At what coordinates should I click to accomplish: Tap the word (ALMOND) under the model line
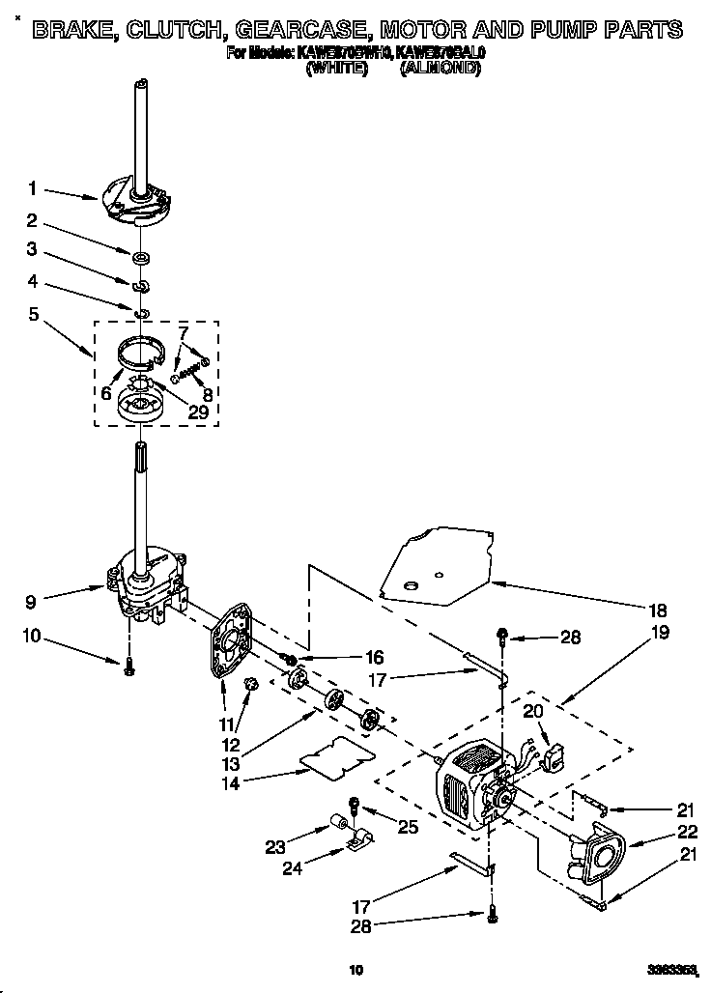click(440, 69)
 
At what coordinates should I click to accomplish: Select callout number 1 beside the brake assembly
click(33, 188)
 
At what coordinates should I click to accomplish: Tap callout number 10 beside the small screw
click(33, 637)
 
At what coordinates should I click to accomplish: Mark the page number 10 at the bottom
click(355, 970)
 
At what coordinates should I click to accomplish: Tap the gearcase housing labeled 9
click(145, 584)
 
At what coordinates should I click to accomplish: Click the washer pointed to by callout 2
click(141, 257)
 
